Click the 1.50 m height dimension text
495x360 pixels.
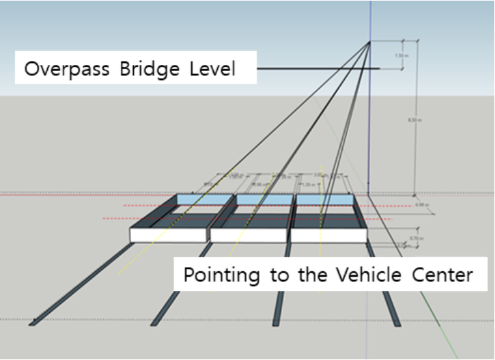[404, 55]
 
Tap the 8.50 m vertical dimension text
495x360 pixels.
[414, 120]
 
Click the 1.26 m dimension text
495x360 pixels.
[309, 184]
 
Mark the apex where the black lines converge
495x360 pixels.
[369, 42]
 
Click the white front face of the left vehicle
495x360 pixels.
[168, 235]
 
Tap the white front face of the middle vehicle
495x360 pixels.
[249, 235]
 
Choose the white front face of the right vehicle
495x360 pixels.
[328, 235]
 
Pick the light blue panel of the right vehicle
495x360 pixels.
[324, 199]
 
